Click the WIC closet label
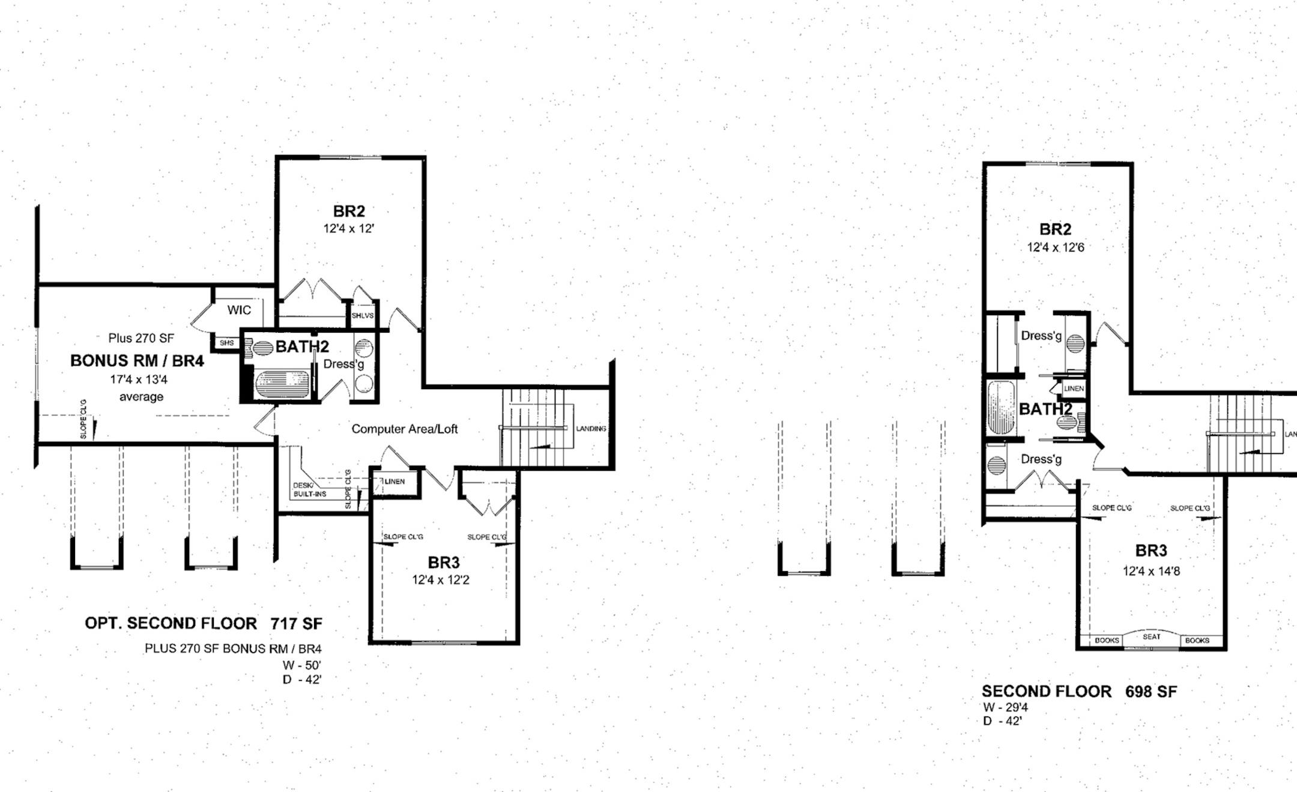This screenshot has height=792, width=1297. [239, 310]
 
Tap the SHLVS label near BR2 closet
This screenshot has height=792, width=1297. [363, 315]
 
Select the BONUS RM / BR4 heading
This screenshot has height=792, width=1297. [137, 360]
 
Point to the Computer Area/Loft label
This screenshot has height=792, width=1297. [405, 429]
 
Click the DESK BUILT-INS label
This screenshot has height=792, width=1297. [310, 489]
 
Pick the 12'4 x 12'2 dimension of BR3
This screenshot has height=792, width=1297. [441, 580]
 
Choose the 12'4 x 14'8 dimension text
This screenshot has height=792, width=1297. [1151, 571]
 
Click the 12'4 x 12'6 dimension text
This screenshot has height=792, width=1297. [1056, 247]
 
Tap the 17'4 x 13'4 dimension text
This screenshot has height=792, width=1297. [139, 379]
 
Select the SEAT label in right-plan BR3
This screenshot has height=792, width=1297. [1152, 636]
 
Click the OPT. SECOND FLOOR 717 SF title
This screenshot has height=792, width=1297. [204, 623]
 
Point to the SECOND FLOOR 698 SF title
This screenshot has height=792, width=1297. [1079, 692]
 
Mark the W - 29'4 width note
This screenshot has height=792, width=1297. [1005, 708]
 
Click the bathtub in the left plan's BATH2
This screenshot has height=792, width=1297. [282, 385]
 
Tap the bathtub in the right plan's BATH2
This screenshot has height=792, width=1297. [1002, 407]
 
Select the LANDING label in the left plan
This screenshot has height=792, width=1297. [591, 429]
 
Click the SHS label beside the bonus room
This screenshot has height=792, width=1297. [226, 343]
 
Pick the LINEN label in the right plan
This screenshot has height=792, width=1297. [1074, 388]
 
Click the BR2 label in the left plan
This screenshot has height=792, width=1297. [349, 211]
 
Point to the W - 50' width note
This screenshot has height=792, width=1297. [303, 665]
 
